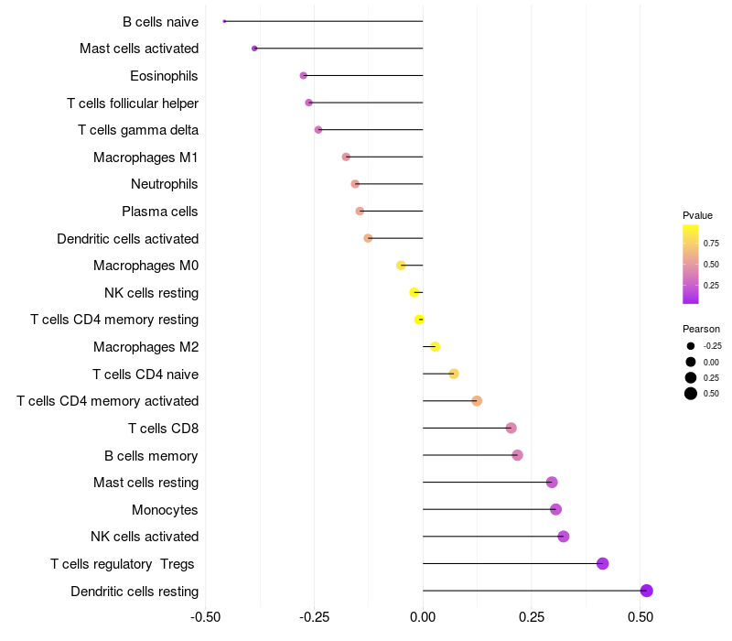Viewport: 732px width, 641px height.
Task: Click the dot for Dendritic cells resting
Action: tap(647, 591)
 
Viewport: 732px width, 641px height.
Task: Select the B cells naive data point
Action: tap(224, 21)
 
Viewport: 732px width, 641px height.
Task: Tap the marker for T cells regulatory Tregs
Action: tap(602, 563)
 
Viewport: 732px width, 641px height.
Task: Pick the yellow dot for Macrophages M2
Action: tap(436, 346)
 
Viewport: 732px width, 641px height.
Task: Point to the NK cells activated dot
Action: tap(564, 537)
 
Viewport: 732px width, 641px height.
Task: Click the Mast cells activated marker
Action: tap(254, 49)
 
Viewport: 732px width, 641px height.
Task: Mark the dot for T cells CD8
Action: tap(511, 428)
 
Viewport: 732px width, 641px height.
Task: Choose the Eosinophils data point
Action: tap(304, 75)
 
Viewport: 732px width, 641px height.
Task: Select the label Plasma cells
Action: tap(160, 212)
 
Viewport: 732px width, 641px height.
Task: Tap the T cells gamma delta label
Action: tap(138, 130)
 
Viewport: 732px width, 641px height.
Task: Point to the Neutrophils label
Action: tap(165, 184)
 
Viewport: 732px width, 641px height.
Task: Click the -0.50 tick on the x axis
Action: tap(206, 617)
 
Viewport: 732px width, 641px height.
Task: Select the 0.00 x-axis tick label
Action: tap(423, 617)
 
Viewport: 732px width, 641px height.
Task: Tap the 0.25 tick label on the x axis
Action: tap(532, 617)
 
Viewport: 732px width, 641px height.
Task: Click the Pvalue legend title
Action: tap(697, 215)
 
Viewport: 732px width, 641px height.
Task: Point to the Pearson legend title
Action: tap(701, 329)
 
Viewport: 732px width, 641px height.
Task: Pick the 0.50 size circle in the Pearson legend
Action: tap(691, 394)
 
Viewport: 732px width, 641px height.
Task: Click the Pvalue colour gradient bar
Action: tap(691, 264)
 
